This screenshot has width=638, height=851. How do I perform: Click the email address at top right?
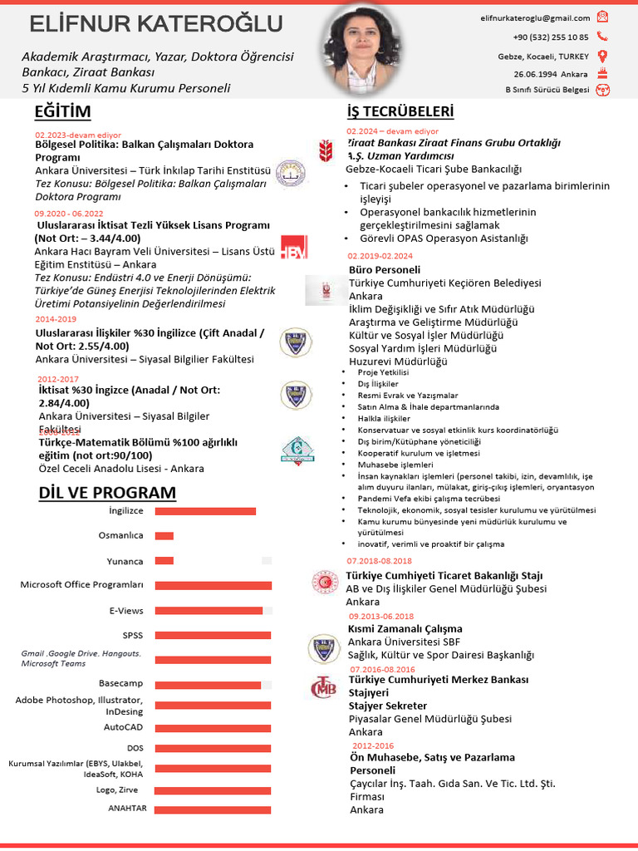click(535, 17)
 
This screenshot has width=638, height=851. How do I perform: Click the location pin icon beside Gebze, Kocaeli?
click(602, 57)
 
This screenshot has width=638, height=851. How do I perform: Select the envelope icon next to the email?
click(602, 17)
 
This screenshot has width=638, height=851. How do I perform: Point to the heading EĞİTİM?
click(63, 112)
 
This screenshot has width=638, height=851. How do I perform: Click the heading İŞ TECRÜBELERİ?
click(400, 112)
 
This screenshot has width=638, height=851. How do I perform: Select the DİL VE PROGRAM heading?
click(107, 493)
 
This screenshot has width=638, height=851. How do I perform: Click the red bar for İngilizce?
click(205, 511)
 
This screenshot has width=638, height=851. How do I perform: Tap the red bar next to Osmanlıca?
click(164, 536)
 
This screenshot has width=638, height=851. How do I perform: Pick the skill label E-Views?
click(126, 611)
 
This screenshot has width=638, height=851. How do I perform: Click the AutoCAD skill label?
click(123, 727)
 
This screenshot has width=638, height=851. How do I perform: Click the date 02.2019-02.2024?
click(380, 256)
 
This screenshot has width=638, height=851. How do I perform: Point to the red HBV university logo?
click(293, 247)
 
